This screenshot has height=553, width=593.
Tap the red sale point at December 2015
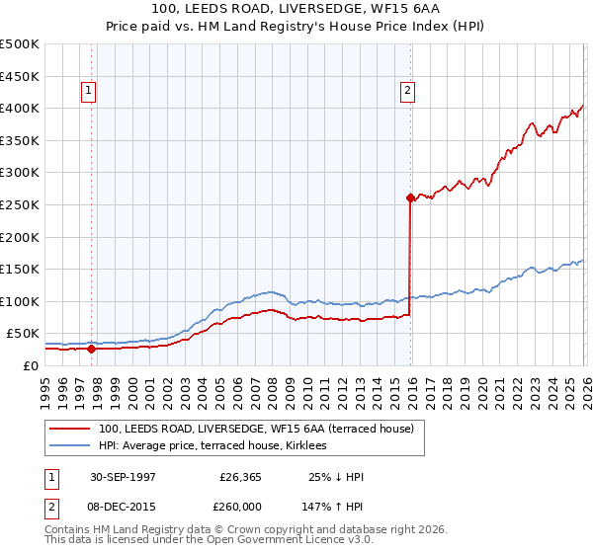pyautogui.click(x=409, y=197)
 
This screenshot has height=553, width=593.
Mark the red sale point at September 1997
pyautogui.click(x=92, y=349)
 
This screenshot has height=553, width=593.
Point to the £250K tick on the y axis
pyautogui.click(x=20, y=204)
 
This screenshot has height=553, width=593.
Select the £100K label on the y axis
pyautogui.click(x=20, y=301)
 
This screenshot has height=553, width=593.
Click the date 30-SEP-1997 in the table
pyautogui.click(x=123, y=477)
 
